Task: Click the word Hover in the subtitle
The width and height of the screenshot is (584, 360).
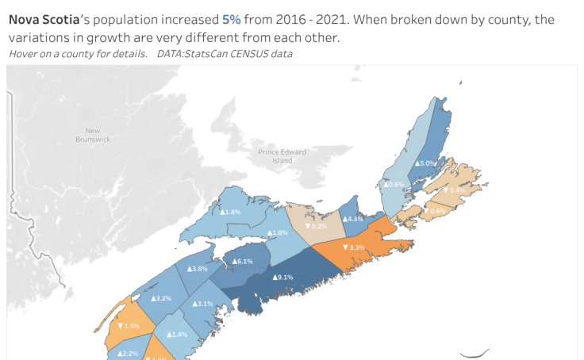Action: (x=24, y=54)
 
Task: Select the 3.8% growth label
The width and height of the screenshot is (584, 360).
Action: (x=197, y=269)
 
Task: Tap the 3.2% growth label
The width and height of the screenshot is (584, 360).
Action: (x=161, y=298)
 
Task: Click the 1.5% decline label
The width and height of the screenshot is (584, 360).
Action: (x=128, y=326)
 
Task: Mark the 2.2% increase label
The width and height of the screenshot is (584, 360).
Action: (x=127, y=353)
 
